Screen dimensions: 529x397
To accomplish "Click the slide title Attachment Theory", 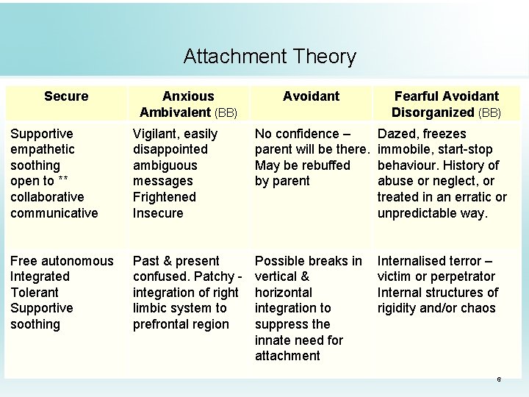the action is tap(270, 57).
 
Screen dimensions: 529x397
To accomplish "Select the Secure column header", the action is tap(66, 96).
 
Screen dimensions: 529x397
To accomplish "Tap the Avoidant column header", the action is tap(311, 96).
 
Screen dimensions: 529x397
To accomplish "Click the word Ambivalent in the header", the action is tap(176, 112).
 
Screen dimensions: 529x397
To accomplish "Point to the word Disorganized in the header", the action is tap(433, 112).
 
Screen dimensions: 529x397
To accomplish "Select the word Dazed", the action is tap(397, 134).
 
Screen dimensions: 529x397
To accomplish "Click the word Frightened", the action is tap(165, 197).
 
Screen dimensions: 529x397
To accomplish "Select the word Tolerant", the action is tap(37, 293).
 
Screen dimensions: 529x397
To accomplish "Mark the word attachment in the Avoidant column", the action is tap(287, 356).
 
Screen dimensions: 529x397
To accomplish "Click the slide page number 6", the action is tap(499, 379).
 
